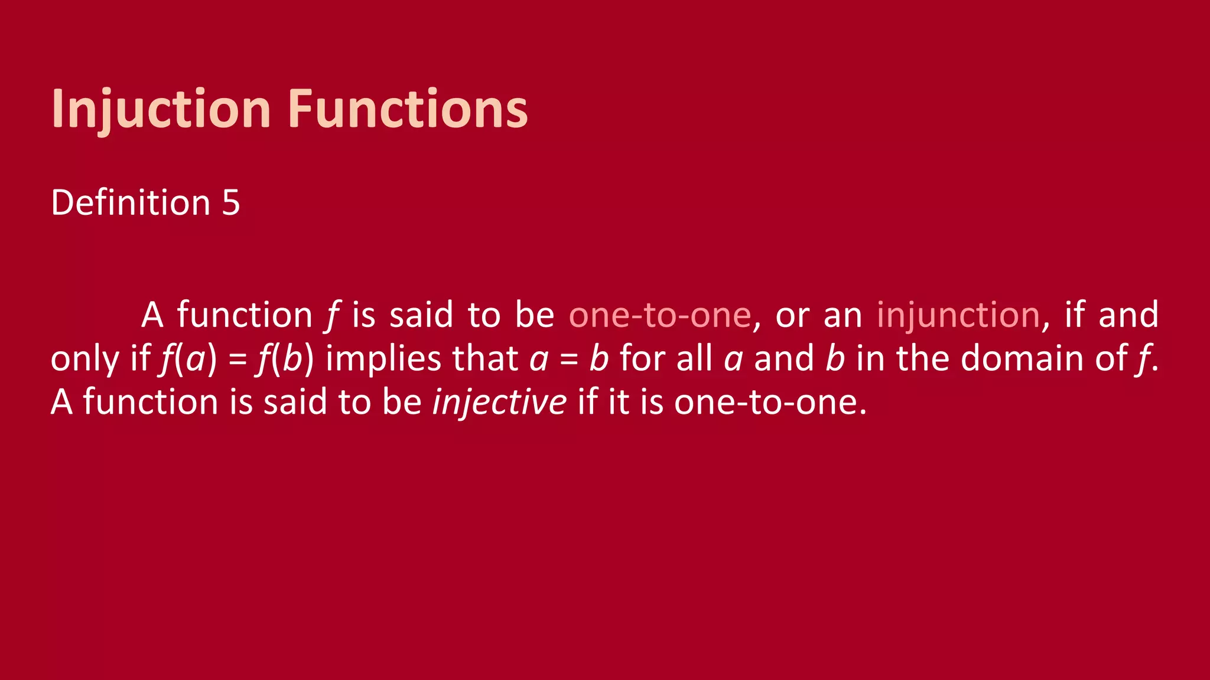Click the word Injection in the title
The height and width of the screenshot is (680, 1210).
161,109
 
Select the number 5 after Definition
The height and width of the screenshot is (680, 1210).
231,203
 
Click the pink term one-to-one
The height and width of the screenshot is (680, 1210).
659,315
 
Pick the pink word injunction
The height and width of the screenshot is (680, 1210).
958,315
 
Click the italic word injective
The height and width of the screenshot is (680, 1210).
499,403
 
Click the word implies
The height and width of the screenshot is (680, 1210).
383,359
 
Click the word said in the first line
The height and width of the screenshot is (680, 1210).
421,315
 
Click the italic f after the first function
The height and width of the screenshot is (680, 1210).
332,315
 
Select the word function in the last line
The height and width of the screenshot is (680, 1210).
150,403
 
